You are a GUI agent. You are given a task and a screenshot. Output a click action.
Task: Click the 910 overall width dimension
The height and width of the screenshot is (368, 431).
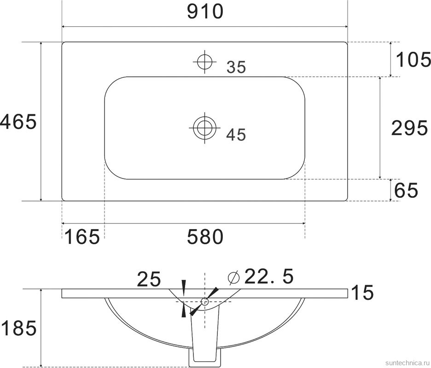coord(205,11)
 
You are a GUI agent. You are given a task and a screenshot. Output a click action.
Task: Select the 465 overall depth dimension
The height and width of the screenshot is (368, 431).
coord(18,122)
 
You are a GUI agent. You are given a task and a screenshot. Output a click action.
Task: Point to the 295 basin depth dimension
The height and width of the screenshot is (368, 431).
coord(409,128)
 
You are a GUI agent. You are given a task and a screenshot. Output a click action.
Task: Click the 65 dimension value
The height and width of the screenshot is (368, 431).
coord(407,190)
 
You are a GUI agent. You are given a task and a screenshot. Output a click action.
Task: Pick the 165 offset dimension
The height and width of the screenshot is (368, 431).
coord(82,237)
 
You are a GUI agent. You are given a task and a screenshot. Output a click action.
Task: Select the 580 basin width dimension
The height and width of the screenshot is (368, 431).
coord(205,237)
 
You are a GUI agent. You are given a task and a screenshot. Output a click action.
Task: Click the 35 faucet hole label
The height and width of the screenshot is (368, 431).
coord(236,68)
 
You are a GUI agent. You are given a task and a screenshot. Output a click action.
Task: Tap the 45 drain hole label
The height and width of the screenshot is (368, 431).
coord(236,135)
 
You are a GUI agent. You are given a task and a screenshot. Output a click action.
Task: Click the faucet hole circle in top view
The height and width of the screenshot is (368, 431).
coord(204,61)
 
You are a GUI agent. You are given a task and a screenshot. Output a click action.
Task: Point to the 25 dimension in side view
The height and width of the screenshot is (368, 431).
coord(148,279)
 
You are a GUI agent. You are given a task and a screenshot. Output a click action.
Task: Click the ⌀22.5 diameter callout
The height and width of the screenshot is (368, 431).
coord(261,276)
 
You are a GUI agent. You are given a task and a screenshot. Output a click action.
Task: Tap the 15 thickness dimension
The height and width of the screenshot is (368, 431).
coord(361,293)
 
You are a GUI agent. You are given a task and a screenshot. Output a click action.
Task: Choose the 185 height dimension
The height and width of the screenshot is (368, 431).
coord(18,328)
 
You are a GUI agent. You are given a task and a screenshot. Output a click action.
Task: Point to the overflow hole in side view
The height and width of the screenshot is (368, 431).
coord(205,302)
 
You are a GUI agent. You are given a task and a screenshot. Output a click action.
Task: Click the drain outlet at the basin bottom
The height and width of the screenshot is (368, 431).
coord(204,356)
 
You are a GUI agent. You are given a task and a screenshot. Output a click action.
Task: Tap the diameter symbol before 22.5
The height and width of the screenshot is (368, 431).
coord(234,277)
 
